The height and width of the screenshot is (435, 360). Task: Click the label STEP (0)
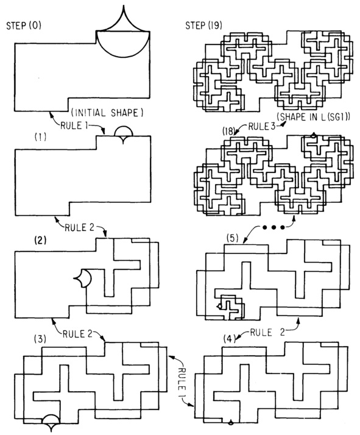(24, 26)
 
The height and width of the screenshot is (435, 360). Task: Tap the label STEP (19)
(204, 26)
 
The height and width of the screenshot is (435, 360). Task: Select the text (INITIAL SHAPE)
(107, 113)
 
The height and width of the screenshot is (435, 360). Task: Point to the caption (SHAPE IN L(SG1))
(314, 117)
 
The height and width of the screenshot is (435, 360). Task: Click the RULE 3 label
(261, 127)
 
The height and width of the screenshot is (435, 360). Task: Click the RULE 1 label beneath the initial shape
(74, 126)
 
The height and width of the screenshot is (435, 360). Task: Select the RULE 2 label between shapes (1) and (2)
(79, 228)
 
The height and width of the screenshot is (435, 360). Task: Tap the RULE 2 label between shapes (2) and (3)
(77, 334)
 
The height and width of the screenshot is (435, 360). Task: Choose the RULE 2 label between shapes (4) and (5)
(267, 332)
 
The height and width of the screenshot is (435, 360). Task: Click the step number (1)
(40, 136)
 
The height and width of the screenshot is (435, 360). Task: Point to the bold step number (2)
(40, 240)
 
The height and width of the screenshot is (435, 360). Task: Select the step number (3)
(40, 339)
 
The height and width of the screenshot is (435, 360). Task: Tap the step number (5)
(233, 238)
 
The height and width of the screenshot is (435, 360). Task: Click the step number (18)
(228, 131)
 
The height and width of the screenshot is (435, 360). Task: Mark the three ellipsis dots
(274, 227)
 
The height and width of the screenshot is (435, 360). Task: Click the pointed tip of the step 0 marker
(124, 5)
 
